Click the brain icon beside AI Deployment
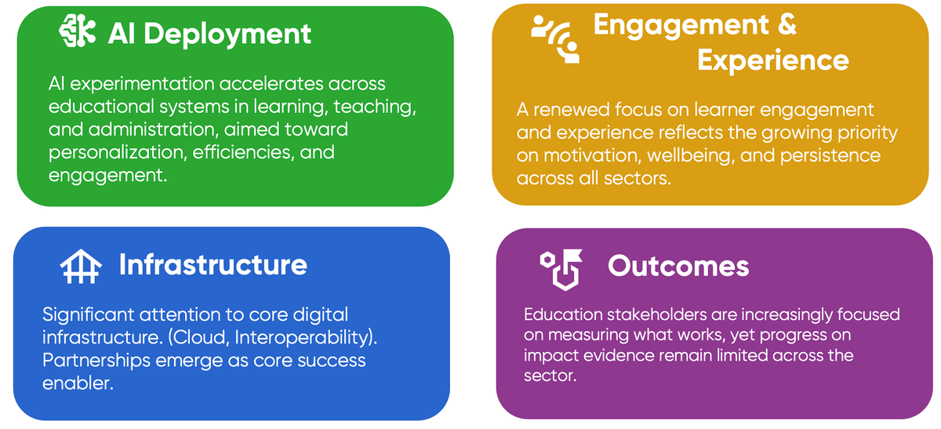(78, 32)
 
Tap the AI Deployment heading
(209, 34)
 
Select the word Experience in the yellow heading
(772, 60)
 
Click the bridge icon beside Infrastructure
(82, 267)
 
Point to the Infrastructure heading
(213, 264)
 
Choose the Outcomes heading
(678, 266)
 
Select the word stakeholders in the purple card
(669, 315)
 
